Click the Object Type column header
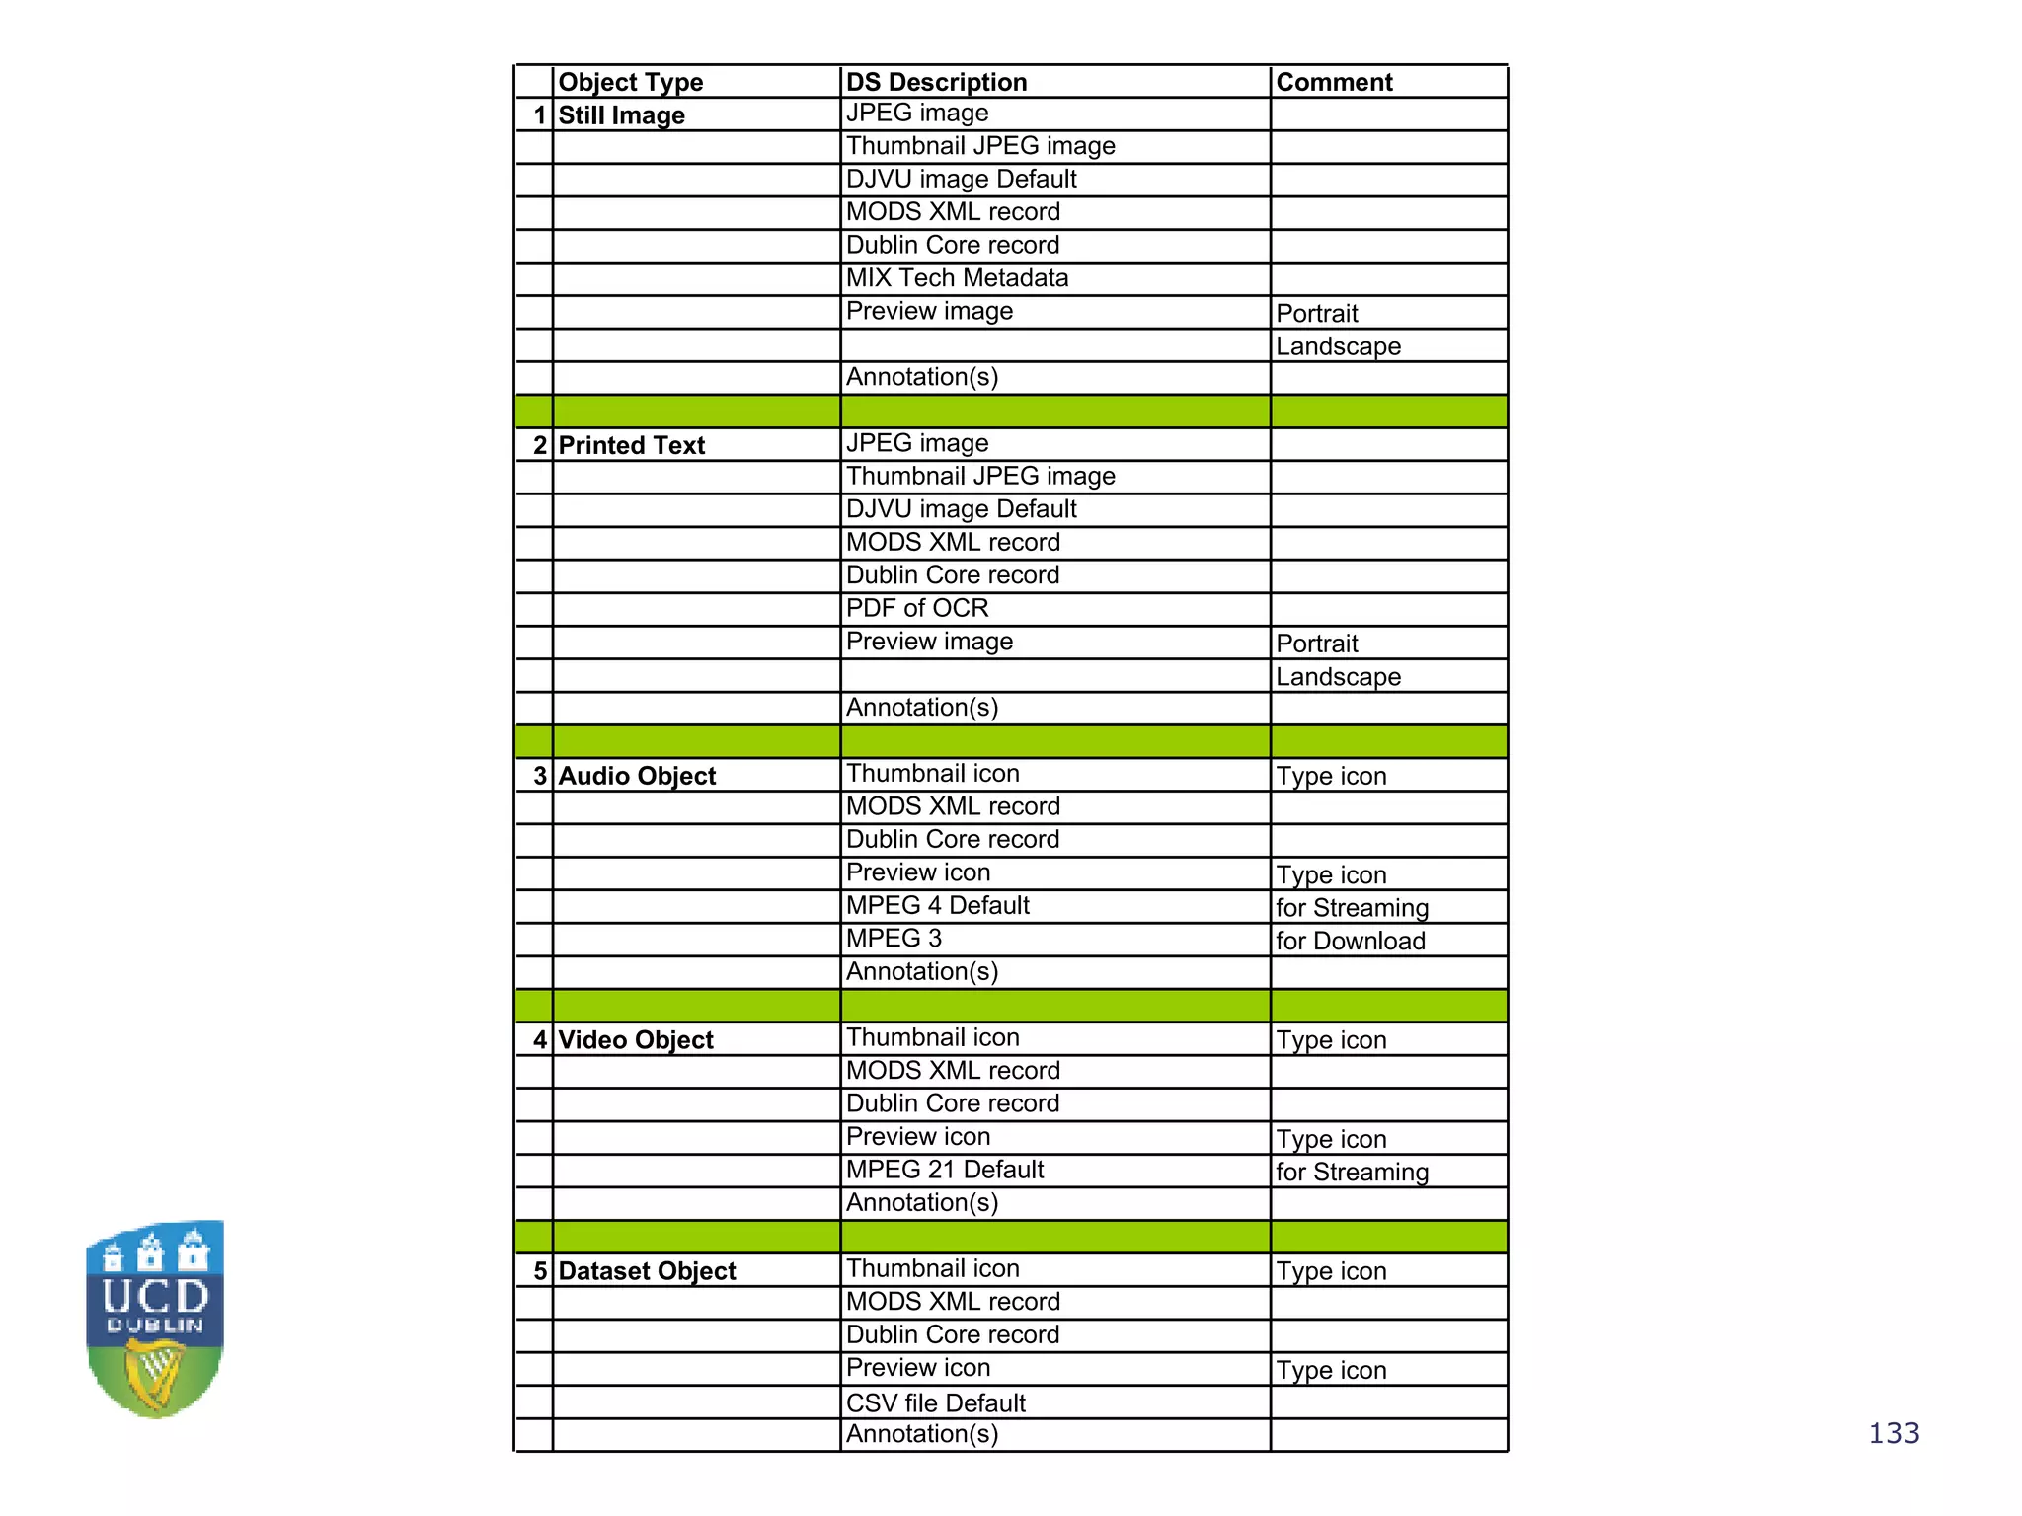[x=631, y=82]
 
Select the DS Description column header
[x=936, y=82]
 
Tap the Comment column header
[x=1334, y=82]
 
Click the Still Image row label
[x=621, y=115]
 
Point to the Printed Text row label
[x=631, y=445]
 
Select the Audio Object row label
[x=637, y=776]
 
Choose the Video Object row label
[x=636, y=1040]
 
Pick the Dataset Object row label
[x=647, y=1271]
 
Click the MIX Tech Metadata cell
[x=957, y=278]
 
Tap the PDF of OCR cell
[x=917, y=608]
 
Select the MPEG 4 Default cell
[x=937, y=906]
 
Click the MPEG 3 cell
[x=894, y=939]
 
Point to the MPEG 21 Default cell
[x=945, y=1170]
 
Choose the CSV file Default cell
[x=935, y=1402]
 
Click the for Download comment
[x=1350, y=941]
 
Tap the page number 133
[x=1894, y=1433]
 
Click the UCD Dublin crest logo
[x=155, y=1319]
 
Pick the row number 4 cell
[x=539, y=1040]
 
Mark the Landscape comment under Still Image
[x=1338, y=346]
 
